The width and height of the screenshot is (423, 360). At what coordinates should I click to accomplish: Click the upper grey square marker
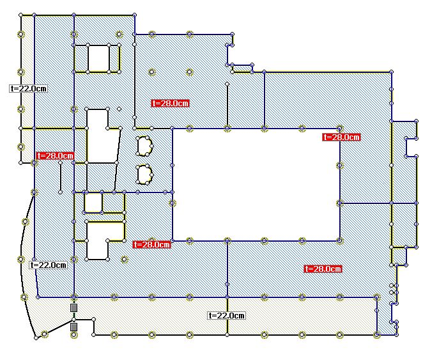73,308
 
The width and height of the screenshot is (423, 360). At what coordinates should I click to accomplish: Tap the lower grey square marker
73,327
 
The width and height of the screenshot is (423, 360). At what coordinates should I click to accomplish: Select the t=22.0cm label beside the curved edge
49,265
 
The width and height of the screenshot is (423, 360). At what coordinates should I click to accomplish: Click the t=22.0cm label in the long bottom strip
227,315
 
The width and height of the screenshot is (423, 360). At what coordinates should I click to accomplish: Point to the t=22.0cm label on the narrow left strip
28,88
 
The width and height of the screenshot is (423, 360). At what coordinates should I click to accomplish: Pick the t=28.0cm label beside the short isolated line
56,156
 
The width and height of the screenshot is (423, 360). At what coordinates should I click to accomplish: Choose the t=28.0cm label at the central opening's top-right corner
341,137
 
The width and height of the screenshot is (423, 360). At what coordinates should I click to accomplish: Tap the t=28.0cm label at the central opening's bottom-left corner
152,244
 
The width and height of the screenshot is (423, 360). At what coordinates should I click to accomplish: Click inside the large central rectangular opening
256,185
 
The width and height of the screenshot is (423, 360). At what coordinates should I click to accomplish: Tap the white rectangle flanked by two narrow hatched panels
98,58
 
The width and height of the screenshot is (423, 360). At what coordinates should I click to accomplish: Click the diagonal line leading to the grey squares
59,327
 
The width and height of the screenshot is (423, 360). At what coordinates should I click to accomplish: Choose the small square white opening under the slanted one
93,203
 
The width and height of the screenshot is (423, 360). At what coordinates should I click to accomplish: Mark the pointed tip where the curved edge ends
36,338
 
